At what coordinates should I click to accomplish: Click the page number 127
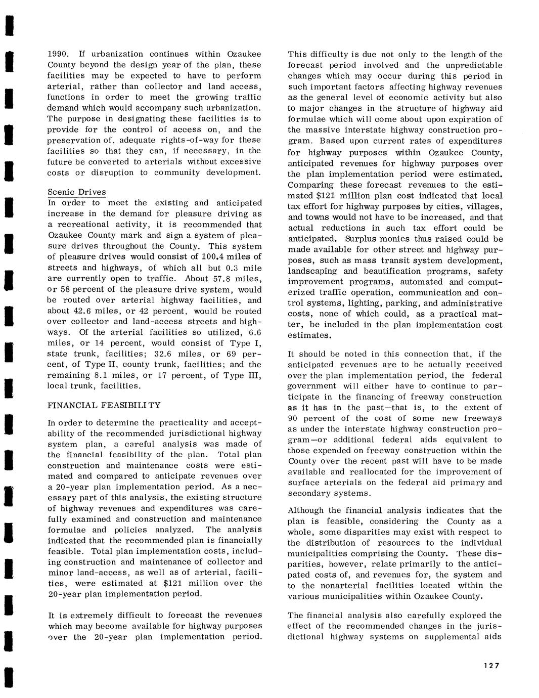pos(490,666)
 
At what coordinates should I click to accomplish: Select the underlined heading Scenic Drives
pos(77,192)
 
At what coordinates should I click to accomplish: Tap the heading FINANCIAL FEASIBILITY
pos(104,405)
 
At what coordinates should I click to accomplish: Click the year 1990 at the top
pos(57,54)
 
